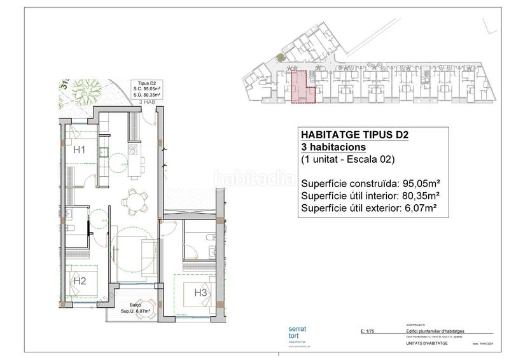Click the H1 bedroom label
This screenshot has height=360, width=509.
[x=80, y=150]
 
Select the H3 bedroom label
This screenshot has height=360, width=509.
[x=200, y=293]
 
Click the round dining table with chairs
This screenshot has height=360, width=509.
[x=134, y=203]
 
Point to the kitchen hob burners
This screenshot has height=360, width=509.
[x=134, y=150]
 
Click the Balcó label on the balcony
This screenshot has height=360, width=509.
[x=136, y=305]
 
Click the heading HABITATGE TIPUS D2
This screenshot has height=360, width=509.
[x=354, y=135]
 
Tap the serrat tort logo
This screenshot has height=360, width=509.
[x=297, y=333]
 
